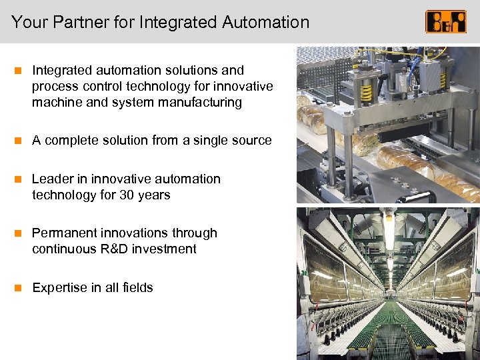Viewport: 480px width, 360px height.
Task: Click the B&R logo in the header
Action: coord(446,21)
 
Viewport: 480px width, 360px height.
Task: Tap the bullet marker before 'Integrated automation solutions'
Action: coord(19,70)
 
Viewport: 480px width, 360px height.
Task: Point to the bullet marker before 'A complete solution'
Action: coord(19,140)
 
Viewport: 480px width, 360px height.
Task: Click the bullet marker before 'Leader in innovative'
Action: coord(19,179)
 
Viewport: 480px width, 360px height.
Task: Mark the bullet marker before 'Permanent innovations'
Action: coord(19,233)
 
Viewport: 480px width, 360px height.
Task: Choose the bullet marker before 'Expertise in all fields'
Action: coord(19,287)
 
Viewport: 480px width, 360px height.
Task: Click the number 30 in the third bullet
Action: coord(127,195)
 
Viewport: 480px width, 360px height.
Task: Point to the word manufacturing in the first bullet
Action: coord(205,102)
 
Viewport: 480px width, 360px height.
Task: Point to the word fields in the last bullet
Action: coord(138,287)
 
